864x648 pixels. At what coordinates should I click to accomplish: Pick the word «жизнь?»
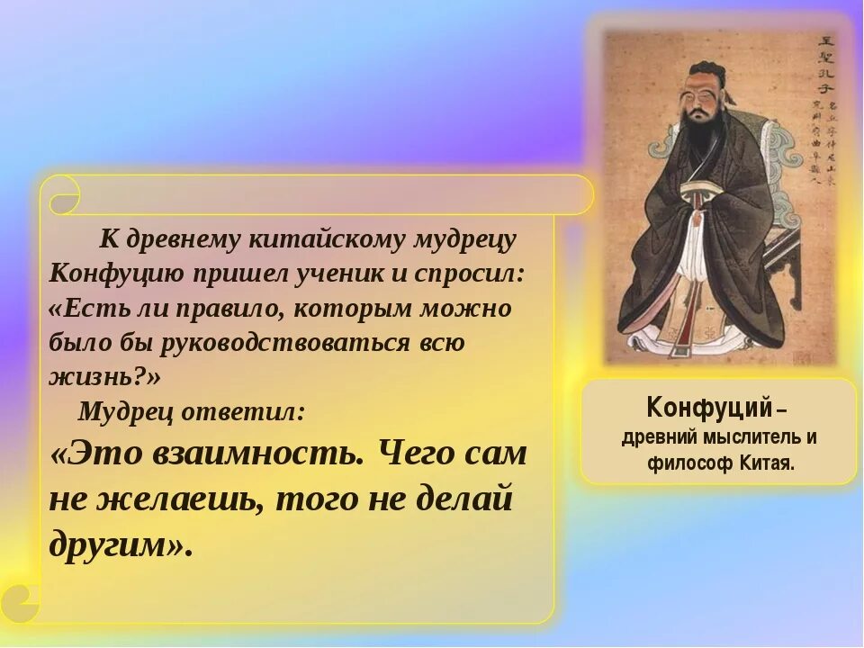[99, 377]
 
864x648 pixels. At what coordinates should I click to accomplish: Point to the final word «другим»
[117, 544]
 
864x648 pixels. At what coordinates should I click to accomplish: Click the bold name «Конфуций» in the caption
[708, 409]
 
